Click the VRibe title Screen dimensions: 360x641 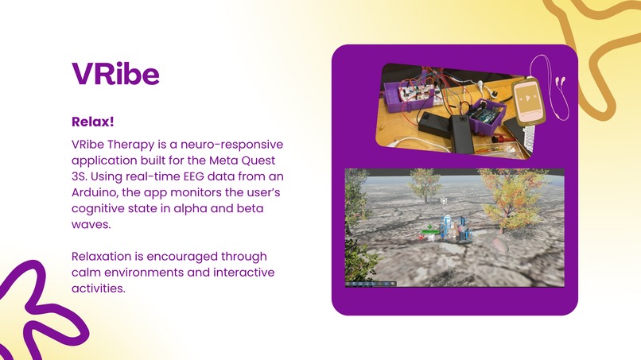[115, 74]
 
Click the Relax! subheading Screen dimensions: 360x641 [93, 122]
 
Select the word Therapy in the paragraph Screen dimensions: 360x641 [127, 145]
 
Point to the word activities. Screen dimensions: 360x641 [98, 288]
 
